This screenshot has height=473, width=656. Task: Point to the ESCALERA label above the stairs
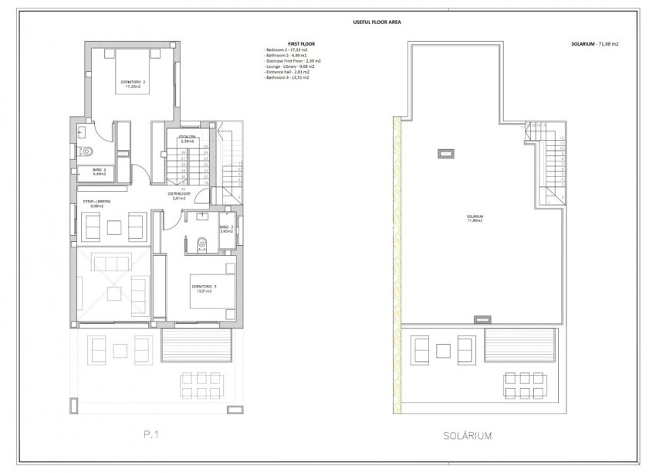pyautogui.click(x=188, y=138)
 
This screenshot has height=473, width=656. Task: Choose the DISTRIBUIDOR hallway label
pyautogui.click(x=181, y=196)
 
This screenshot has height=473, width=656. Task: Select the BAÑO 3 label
pyautogui.click(x=226, y=227)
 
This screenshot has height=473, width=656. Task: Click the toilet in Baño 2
pyautogui.click(x=86, y=151)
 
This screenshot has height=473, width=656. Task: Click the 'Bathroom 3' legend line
pyautogui.click(x=286, y=78)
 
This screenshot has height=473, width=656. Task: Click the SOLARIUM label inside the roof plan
pyautogui.click(x=474, y=218)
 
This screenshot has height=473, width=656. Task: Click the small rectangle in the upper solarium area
pyautogui.click(x=445, y=154)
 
